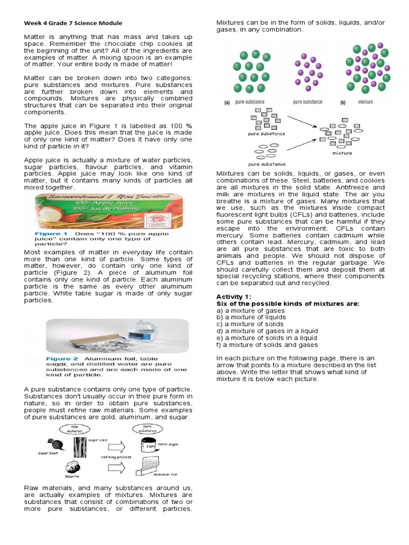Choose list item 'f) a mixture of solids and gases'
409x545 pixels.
tap(267, 345)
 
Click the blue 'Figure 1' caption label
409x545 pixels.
tap(51, 234)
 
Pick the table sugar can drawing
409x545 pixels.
tap(148, 446)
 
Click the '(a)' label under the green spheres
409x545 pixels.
tap(226, 102)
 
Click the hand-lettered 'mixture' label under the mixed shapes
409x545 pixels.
tap(342, 153)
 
